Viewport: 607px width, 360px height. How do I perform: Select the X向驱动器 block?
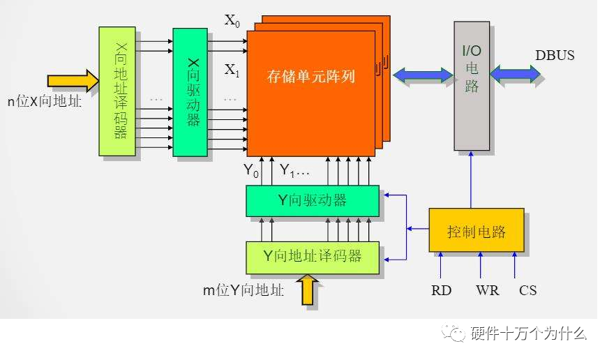pos(190,92)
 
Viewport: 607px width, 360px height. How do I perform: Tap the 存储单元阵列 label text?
pos(311,76)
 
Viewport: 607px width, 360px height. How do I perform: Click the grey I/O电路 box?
pos(472,86)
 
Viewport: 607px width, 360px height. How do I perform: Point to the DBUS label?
pos(555,54)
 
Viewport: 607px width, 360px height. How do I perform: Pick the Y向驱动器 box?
pos(312,201)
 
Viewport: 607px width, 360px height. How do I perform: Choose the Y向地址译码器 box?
pos(312,257)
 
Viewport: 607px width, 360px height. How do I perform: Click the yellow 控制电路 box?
pos(476,230)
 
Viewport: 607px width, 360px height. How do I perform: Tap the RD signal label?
pos(441,290)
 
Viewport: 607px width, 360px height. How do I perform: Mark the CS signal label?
pos(527,290)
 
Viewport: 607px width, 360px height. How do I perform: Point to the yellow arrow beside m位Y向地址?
pos(308,290)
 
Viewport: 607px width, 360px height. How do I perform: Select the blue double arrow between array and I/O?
pos(423,73)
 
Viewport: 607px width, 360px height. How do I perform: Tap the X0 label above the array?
pos(232,20)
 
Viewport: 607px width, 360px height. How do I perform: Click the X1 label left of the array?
pos(232,70)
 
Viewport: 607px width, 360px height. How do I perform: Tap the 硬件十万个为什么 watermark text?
pos(528,333)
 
